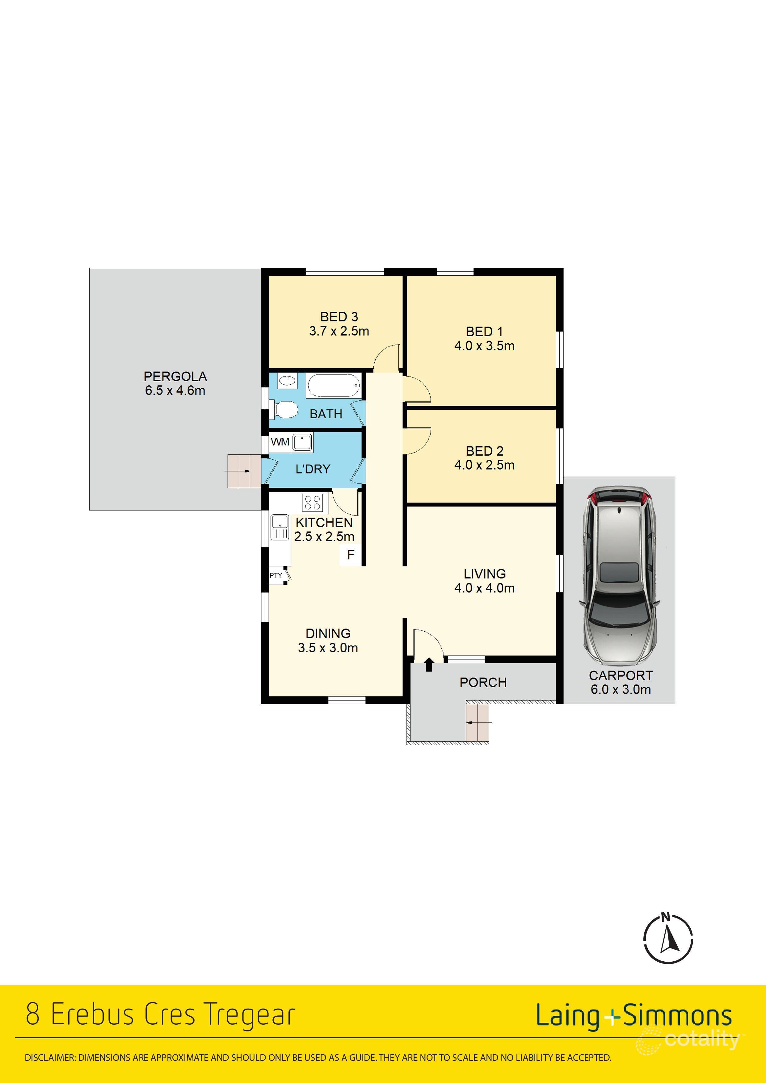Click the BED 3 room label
coord(339,316)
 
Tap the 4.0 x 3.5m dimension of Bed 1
coord(484,346)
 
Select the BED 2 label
coord(484,451)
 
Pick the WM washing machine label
coord(280,442)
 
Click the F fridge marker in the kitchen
coord(351,555)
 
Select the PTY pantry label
coord(276,575)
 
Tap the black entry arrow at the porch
coord(428,665)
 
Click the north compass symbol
coord(668,939)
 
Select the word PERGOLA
coord(175,376)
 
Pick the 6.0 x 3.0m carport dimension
coord(621,690)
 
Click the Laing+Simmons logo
coord(633,1016)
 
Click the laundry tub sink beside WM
coord(301,442)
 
